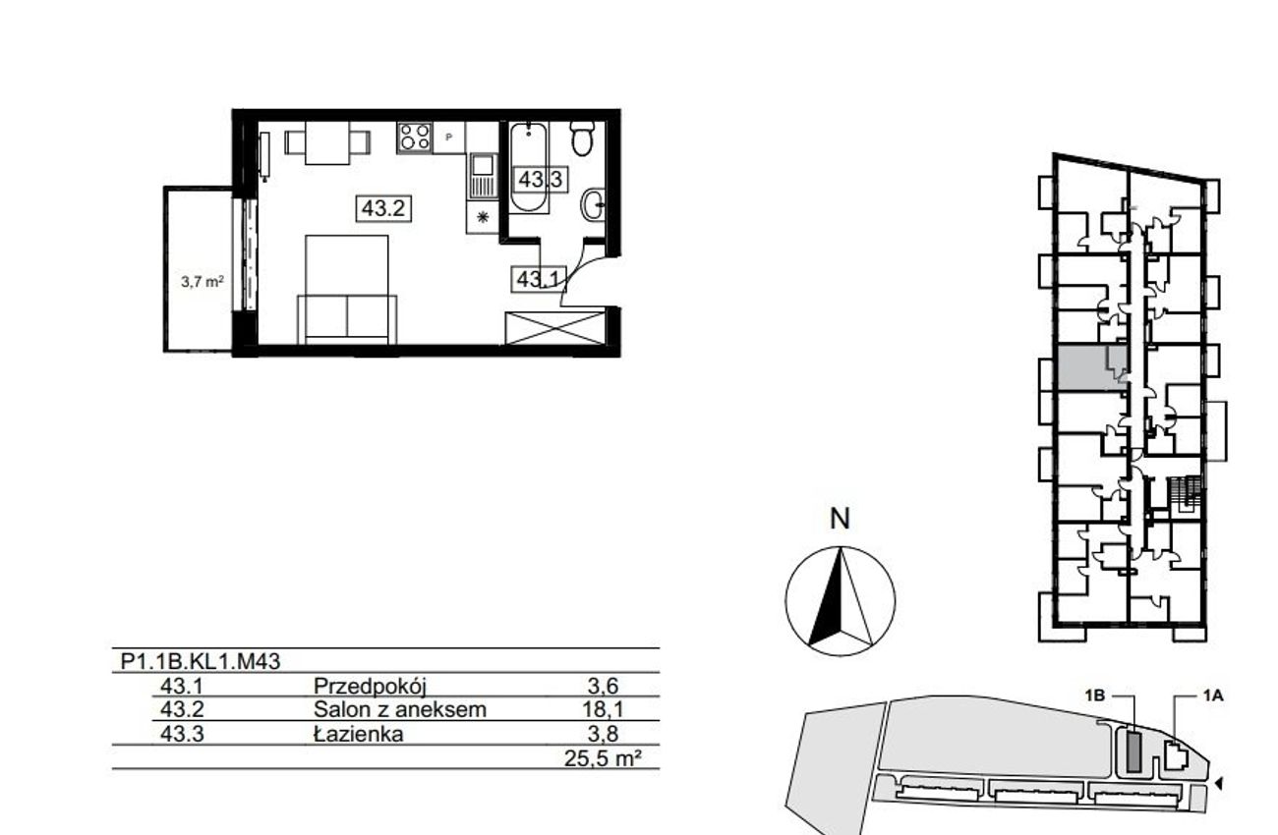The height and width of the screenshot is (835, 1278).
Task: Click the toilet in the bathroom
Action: (x=583, y=139)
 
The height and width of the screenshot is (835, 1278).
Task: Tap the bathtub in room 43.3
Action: (x=529, y=167)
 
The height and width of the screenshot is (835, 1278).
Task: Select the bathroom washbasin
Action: (x=594, y=203)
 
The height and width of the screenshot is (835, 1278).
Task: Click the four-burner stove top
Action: (x=415, y=137)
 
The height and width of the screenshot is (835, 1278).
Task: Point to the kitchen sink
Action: (x=483, y=176)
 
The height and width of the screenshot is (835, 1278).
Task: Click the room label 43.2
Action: (x=383, y=208)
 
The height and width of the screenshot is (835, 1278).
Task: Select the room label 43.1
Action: (x=539, y=279)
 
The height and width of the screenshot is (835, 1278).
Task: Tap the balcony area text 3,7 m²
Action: (x=202, y=281)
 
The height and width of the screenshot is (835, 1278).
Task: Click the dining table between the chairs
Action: (x=327, y=142)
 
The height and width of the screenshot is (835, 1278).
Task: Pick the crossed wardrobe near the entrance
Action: (x=555, y=328)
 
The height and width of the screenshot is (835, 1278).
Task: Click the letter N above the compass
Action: (x=840, y=519)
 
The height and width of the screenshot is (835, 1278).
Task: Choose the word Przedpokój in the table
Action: (x=370, y=686)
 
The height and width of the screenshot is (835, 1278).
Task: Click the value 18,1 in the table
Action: (x=603, y=709)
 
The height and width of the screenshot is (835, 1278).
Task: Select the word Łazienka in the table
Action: (x=358, y=734)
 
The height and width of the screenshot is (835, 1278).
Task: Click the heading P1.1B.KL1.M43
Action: (x=201, y=661)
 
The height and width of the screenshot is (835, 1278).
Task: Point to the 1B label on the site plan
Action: (x=1095, y=696)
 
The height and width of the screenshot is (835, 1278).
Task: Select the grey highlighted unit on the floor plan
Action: (x=1092, y=367)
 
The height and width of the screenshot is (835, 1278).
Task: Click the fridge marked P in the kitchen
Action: (x=449, y=138)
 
